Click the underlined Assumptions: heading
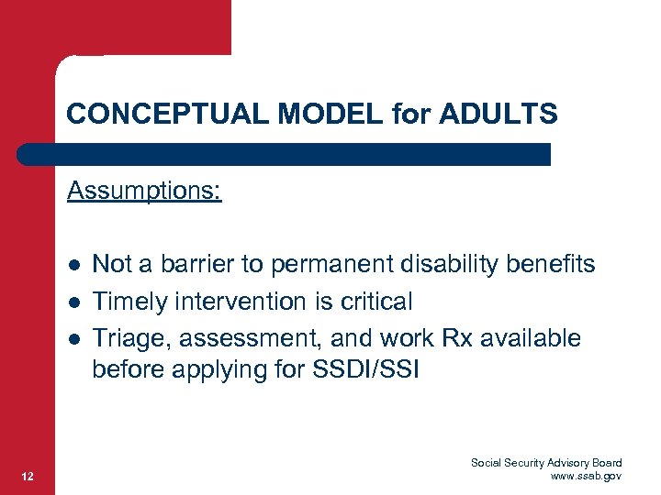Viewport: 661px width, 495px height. (x=144, y=192)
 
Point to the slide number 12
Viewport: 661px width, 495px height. (x=28, y=475)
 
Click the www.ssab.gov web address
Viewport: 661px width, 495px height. (x=586, y=476)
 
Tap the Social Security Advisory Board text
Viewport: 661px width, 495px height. (x=546, y=463)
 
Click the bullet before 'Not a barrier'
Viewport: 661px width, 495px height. (x=73, y=266)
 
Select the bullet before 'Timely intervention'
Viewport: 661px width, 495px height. (x=73, y=302)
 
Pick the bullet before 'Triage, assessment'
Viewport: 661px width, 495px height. (x=73, y=339)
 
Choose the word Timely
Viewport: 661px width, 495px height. (x=126, y=302)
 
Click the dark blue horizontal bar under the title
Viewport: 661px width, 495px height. (x=285, y=154)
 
